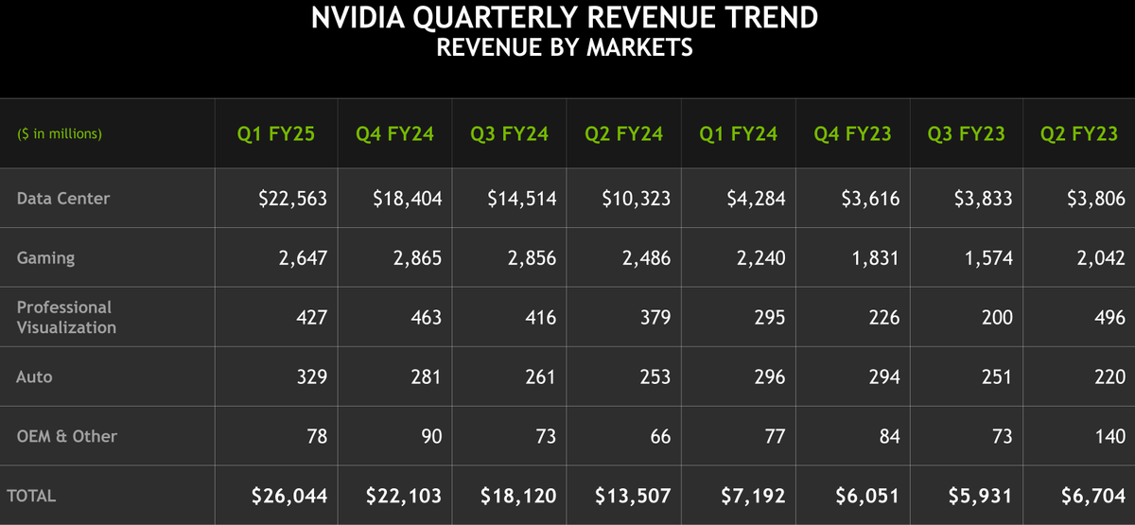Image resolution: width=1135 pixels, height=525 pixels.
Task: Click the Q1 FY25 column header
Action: coord(275,134)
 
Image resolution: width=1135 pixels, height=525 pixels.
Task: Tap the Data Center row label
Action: coord(62,199)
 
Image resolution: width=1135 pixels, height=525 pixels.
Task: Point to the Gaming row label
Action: coord(45,258)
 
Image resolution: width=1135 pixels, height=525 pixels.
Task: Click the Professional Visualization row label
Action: coord(66,317)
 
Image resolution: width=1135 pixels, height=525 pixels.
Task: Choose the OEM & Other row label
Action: coord(66,436)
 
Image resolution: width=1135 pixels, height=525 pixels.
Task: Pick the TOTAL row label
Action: coord(31,496)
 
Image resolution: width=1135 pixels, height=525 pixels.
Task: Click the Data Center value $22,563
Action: coord(292,199)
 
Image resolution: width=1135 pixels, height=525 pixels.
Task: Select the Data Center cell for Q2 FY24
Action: coord(636,199)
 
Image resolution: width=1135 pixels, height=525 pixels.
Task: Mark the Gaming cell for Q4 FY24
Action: coord(417,258)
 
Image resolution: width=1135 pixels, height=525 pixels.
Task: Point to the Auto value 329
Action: coord(310,376)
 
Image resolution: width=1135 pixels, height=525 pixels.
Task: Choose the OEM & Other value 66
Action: coord(659,436)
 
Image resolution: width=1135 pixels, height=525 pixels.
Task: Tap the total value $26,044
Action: coord(288,496)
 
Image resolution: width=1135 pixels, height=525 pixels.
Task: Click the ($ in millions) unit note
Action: coord(60,134)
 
